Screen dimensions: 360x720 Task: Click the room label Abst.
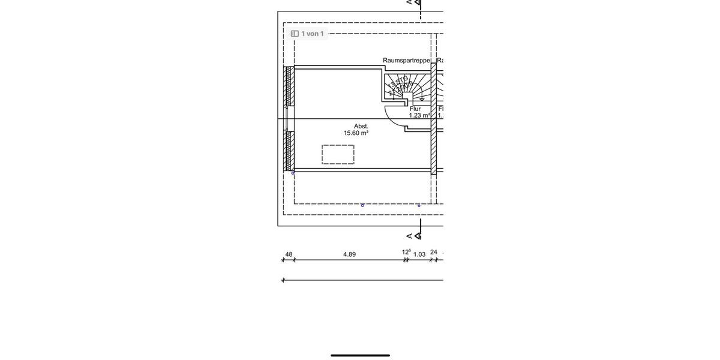pos(361,126)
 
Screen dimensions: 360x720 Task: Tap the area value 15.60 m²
pos(356,133)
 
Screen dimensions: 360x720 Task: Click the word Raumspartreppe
pos(406,61)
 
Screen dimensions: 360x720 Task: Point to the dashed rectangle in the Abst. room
pos(338,154)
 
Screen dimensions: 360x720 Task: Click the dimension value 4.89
pos(349,254)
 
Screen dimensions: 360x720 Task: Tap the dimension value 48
pos(289,254)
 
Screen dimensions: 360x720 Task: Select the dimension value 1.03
pos(419,254)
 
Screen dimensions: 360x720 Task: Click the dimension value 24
pos(434,253)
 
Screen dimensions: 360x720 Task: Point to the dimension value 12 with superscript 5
pos(406,252)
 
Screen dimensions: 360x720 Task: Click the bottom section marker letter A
pos(410,236)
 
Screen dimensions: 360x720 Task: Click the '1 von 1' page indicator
pos(307,34)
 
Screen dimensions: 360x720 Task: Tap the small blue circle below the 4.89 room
pos(362,205)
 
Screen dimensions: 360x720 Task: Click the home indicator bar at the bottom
pos(360,355)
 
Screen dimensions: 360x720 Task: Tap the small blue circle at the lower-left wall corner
pos(293,173)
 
